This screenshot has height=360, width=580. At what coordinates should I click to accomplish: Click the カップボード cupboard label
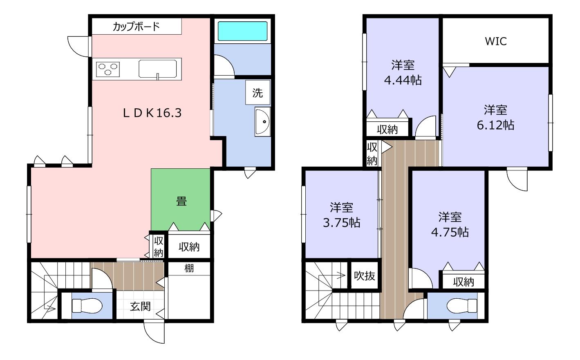coord(136,27)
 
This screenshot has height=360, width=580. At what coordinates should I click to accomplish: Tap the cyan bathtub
coord(242,31)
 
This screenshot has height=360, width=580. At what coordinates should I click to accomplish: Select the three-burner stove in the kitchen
coord(108,69)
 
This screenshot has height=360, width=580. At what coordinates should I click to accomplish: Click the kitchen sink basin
coord(157,69)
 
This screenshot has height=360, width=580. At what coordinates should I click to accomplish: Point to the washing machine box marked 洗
coord(258,92)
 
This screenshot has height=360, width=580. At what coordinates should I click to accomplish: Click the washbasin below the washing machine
coord(262,121)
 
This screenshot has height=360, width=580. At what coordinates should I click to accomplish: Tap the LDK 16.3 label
coord(152,113)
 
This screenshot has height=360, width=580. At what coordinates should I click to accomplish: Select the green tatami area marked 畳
coord(181,199)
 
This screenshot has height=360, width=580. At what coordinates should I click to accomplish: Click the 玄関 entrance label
coord(140,307)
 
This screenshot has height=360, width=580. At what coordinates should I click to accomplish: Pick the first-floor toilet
coord(87,306)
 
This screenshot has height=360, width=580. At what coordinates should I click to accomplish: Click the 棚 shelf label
coord(189,268)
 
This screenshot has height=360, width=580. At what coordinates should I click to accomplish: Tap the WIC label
coord(495,41)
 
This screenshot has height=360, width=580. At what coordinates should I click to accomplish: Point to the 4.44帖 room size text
coord(403,80)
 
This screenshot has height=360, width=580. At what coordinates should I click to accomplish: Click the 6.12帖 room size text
coord(495,125)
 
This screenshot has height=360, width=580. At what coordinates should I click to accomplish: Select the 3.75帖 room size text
coord(341,223)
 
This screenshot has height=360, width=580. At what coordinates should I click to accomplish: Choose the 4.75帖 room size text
coord(450,232)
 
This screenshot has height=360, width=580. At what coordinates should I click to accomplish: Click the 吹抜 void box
coord(364,276)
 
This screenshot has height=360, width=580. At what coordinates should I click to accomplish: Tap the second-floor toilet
coord(462,306)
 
